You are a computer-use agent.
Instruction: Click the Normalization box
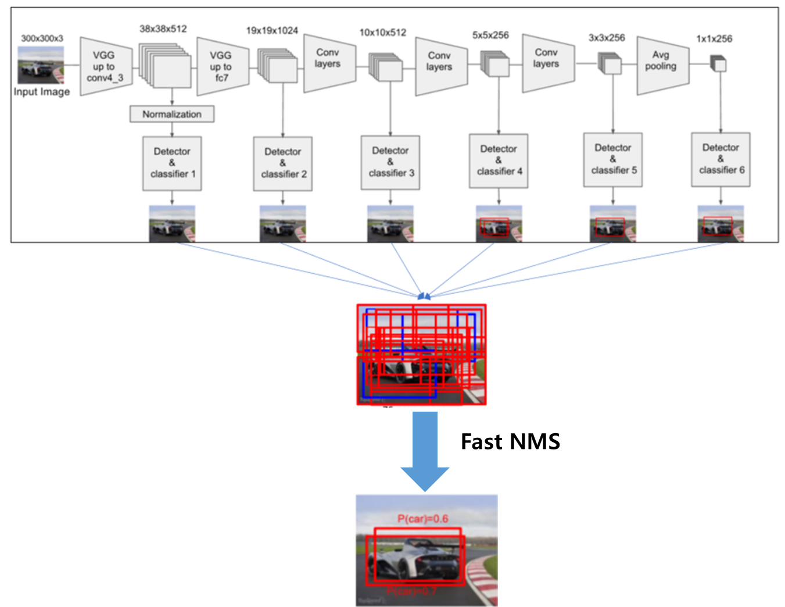[x=172, y=114]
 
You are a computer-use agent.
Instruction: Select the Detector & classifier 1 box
[x=172, y=163]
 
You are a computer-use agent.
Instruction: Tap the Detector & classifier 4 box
[x=499, y=160]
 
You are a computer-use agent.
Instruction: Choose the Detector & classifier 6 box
[x=721, y=159]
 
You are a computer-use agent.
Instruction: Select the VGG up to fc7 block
[x=222, y=66]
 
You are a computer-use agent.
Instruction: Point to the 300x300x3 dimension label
[x=42, y=38]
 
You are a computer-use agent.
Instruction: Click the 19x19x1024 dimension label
[x=272, y=30]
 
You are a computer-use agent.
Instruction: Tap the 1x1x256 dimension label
[x=714, y=39]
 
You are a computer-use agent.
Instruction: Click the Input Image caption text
[x=42, y=92]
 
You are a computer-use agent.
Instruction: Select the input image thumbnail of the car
[x=41, y=65]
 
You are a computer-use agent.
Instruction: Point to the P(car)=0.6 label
[x=422, y=519]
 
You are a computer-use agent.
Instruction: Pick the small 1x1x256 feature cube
[x=719, y=63]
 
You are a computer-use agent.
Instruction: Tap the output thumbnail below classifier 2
[x=283, y=223]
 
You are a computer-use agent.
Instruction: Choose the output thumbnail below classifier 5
[x=612, y=223]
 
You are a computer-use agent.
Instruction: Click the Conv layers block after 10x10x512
[x=440, y=66]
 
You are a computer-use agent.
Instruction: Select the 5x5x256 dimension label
[x=490, y=35]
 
